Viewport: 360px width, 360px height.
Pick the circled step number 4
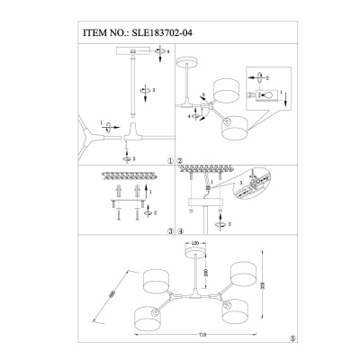(179, 229)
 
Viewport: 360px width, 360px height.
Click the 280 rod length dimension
(207, 271)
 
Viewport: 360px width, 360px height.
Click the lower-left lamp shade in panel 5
(145, 316)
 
